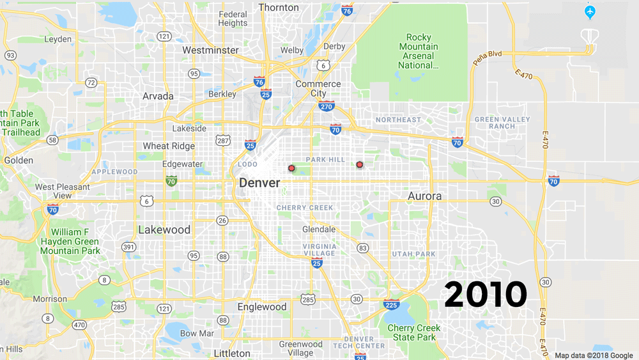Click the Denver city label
(x=259, y=183)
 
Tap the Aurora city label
(x=424, y=196)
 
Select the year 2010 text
(x=486, y=294)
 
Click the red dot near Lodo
(x=291, y=168)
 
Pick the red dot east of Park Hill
(x=359, y=164)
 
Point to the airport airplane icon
(x=590, y=12)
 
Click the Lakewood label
(x=164, y=230)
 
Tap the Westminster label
(x=210, y=50)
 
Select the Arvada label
(x=158, y=96)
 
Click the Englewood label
(x=262, y=307)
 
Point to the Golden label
(x=19, y=160)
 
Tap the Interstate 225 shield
(x=392, y=304)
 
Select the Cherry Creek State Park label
(x=413, y=333)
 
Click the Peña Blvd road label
(x=488, y=57)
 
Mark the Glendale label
(x=318, y=229)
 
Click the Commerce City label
(x=318, y=88)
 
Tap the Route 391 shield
(x=129, y=247)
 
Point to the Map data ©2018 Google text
(x=594, y=356)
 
